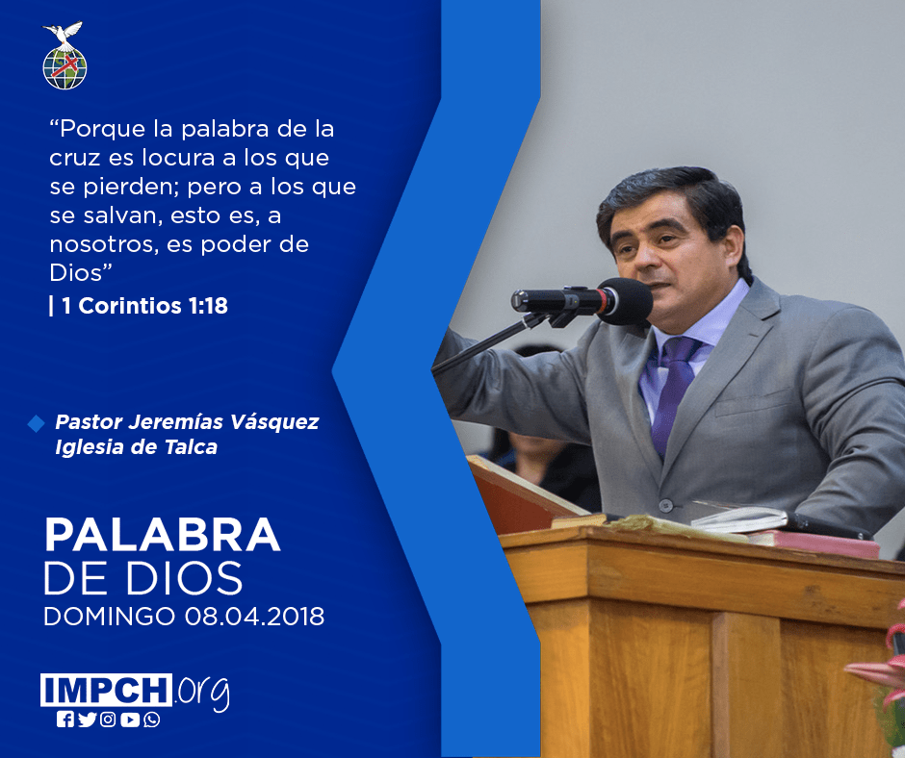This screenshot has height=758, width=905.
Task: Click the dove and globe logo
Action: coord(65,56)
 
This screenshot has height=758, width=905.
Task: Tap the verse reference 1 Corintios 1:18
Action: coord(144,306)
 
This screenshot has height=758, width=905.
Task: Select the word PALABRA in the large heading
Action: coord(162,536)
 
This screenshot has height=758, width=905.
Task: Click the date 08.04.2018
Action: coord(254,616)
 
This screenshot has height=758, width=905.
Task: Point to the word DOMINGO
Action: coord(109,616)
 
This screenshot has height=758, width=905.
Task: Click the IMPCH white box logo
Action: coord(106,690)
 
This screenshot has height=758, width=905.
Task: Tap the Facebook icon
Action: coord(65,720)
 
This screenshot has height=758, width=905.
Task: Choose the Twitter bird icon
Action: coord(87,720)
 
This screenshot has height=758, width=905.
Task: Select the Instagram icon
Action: coord(108,720)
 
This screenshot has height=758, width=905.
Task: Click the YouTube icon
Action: coord(130,720)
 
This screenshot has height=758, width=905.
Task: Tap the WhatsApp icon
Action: coord(152,720)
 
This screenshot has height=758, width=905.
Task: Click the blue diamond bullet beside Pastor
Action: coord(36,423)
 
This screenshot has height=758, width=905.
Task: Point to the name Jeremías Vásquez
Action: coord(223,422)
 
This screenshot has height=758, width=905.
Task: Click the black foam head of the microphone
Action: coord(626,301)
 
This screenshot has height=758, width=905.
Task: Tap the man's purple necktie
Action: coord(674,390)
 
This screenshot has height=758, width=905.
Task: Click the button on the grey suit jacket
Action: coord(666,506)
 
